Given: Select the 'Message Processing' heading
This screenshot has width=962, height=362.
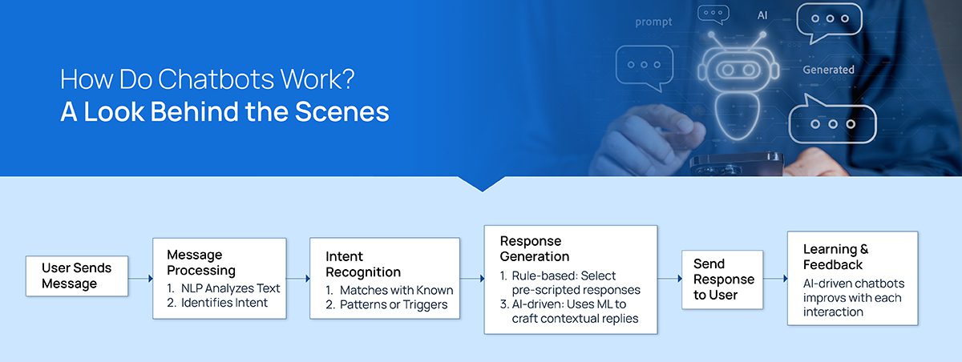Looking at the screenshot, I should pyautogui.click(x=201, y=263).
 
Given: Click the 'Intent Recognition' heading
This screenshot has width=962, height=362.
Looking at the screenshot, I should pyautogui.click(x=366, y=264).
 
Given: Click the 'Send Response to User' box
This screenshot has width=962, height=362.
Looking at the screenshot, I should pyautogui.click(x=723, y=279).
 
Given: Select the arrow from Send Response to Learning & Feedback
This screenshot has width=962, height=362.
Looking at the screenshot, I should pyautogui.click(x=775, y=279).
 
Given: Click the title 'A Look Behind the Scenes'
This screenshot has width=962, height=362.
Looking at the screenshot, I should pyautogui.click(x=224, y=111).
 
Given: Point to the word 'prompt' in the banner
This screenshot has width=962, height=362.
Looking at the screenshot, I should pyautogui.click(x=653, y=22).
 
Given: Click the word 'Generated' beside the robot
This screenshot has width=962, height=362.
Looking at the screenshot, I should pyautogui.click(x=828, y=70).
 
